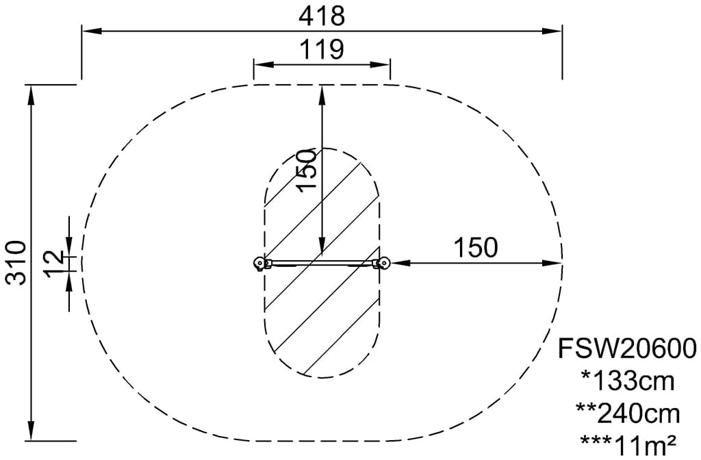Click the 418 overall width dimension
click(x=322, y=17)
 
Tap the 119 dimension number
click(x=322, y=49)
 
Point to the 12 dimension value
click(x=55, y=264)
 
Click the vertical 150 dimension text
click(x=307, y=170)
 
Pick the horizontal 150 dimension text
click(x=476, y=247)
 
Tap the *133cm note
click(x=628, y=381)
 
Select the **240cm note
click(x=628, y=413)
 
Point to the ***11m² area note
click(x=628, y=444)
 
